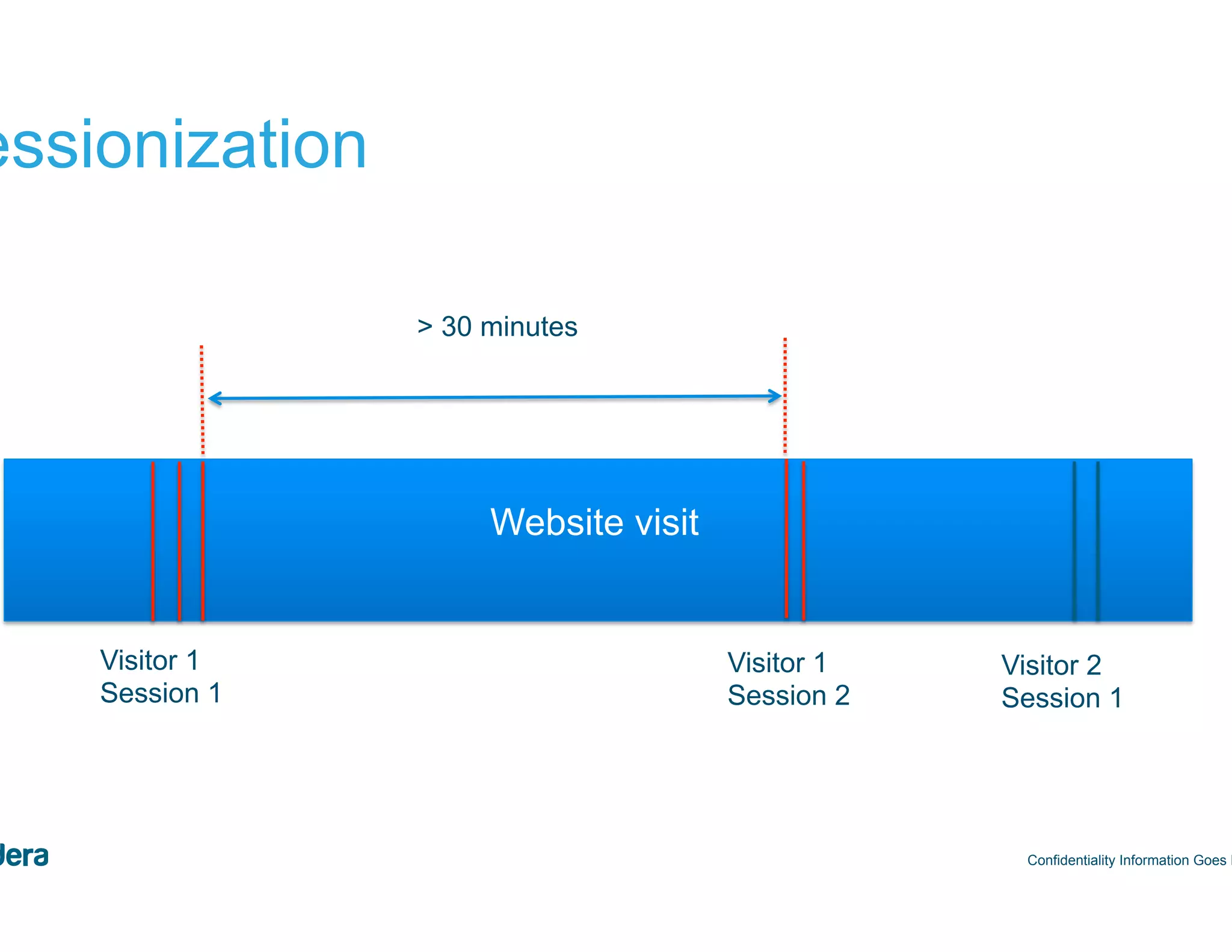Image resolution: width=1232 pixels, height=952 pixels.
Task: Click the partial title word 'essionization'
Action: [x=180, y=146]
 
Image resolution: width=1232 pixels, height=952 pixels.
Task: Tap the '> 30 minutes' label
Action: [x=497, y=327]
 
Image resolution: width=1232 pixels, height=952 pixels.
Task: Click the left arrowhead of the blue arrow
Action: [x=215, y=398]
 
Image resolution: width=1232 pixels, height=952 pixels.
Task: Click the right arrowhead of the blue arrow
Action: [x=775, y=396]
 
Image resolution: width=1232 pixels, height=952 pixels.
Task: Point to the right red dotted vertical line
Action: [x=785, y=394]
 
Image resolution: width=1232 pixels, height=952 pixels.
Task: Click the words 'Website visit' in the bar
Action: [x=594, y=522]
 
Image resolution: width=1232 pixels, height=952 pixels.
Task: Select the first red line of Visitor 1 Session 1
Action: [x=153, y=540]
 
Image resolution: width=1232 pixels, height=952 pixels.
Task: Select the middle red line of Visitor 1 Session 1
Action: [x=179, y=540]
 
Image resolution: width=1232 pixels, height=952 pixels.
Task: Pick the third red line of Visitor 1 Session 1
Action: [x=203, y=540]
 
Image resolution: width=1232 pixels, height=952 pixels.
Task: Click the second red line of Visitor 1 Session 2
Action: [x=804, y=540]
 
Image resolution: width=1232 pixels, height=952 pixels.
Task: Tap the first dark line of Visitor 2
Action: [x=1074, y=540]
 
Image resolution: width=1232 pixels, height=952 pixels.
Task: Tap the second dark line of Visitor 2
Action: [x=1098, y=540]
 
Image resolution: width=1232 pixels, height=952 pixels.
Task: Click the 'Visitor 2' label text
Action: [x=1051, y=666]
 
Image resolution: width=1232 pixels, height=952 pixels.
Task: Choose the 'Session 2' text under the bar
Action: [x=788, y=696]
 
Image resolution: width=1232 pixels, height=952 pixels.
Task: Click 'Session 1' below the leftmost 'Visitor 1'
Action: [x=161, y=693]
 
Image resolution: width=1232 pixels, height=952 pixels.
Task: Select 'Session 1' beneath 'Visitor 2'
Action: [x=1061, y=698]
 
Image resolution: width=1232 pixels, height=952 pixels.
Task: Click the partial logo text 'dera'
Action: [x=24, y=856]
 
